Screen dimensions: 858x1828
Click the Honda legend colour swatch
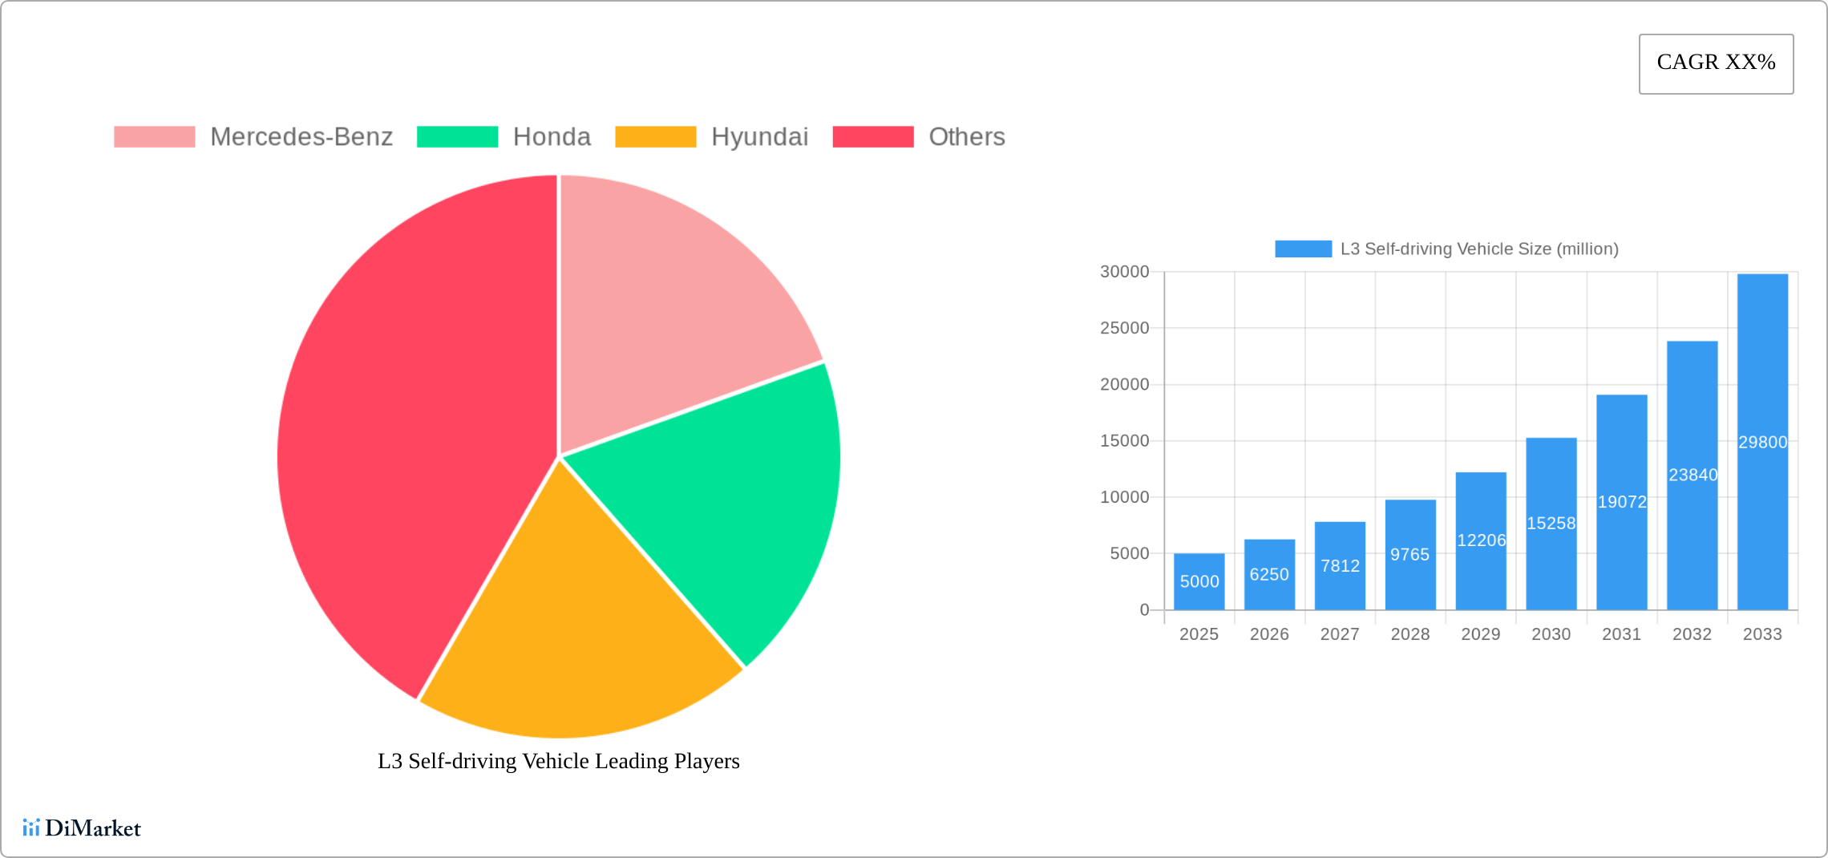[457, 137]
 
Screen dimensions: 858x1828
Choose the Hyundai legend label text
[759, 137]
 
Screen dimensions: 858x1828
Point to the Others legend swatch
[873, 137]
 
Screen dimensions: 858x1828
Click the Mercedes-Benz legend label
[301, 137]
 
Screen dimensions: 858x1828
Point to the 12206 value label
[1481, 540]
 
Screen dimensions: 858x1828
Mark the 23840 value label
[1693, 475]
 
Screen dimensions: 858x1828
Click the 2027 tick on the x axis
[1340, 634]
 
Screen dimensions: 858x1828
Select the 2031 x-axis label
[1621, 634]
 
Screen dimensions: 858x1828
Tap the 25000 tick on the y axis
[1124, 328]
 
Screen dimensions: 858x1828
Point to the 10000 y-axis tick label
[1124, 497]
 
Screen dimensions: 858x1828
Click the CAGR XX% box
[1716, 63]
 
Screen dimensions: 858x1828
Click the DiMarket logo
[82, 828]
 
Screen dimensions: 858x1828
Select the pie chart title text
[558, 761]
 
